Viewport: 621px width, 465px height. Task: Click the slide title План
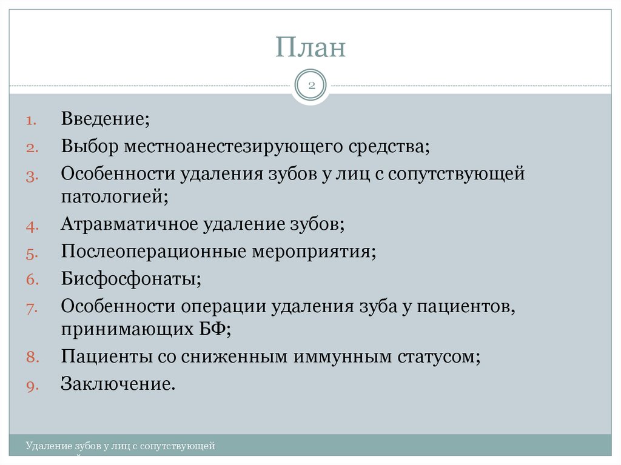[310, 48]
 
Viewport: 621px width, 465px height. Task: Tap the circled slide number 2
[310, 86]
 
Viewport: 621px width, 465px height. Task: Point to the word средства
[390, 147]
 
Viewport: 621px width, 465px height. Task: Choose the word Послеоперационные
[153, 252]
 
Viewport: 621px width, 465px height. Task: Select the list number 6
[32, 281]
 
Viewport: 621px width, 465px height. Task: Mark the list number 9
[32, 386]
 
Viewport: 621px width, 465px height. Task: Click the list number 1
[32, 121]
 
